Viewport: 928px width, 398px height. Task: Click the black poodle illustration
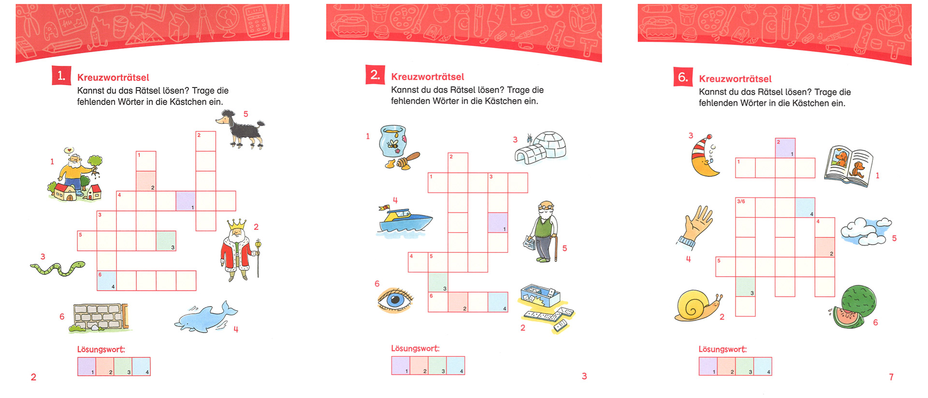coord(241,129)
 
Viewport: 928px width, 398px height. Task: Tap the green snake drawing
coord(58,268)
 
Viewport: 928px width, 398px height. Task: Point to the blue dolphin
coord(205,318)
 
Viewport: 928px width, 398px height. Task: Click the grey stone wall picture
coord(100,318)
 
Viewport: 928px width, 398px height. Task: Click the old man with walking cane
coord(542,231)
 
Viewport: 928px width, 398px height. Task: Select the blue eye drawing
coord(395,300)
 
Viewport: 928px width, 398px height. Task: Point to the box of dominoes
coord(546,308)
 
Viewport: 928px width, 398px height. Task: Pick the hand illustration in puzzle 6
coord(696,226)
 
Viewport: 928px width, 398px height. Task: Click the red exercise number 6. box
coord(683,77)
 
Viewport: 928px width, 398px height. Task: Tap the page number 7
coord(891,377)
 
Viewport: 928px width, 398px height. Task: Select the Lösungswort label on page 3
coord(415,348)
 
